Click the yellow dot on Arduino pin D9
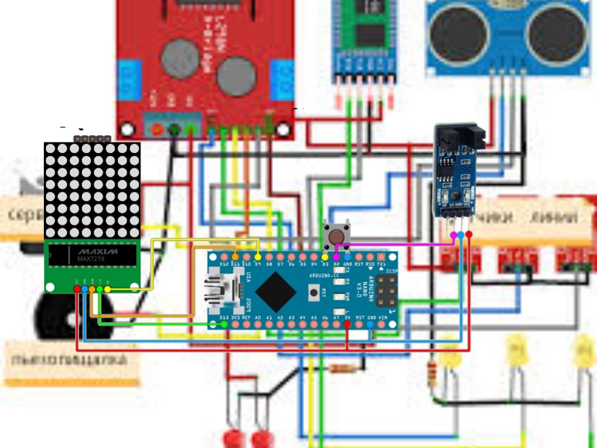point(257,257)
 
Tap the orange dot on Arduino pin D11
point(235,257)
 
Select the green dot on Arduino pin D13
point(224,324)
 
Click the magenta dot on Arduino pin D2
point(336,257)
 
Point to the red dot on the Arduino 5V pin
point(347,324)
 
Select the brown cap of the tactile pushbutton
point(335,235)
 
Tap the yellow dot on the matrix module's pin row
point(107,289)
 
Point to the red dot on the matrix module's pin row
point(77,289)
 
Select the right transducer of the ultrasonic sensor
point(556,31)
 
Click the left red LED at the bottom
point(231,438)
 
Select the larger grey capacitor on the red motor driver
point(236,77)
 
